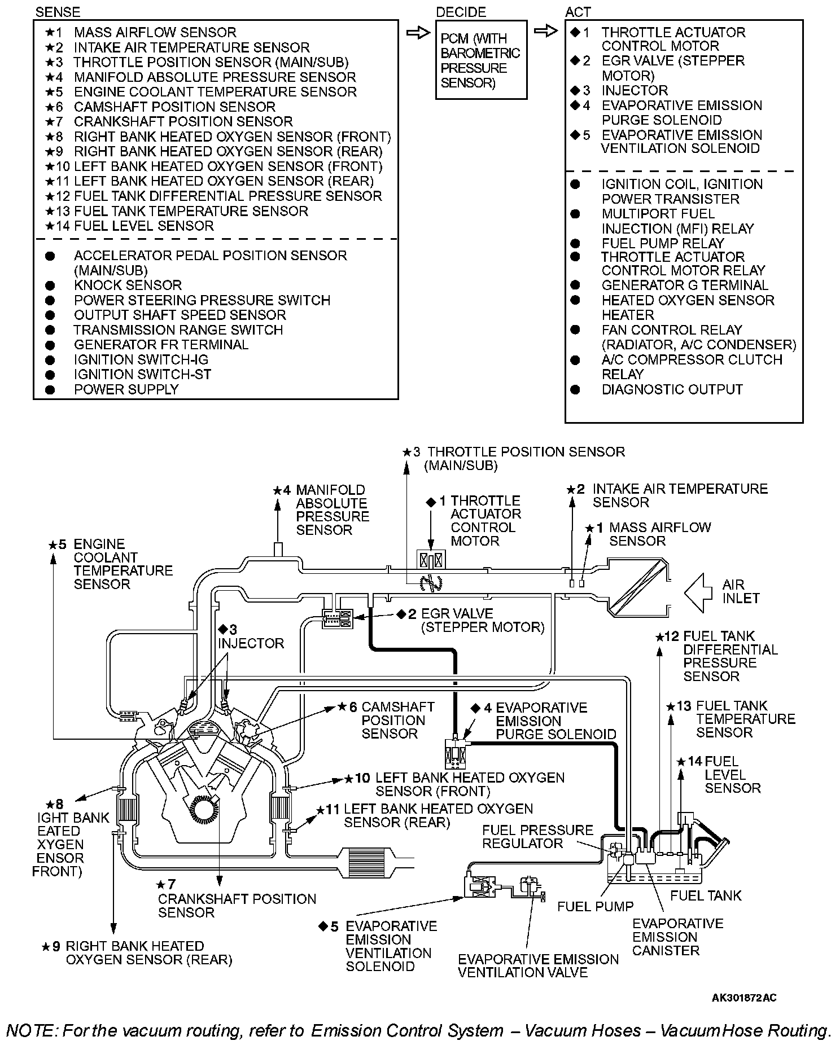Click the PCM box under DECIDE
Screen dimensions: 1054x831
tap(480, 60)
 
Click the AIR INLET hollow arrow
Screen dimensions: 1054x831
tap(698, 592)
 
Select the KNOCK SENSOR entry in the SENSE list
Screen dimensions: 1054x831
tap(128, 286)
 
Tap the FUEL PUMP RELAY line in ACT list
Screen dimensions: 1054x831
tap(662, 243)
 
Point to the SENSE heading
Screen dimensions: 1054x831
tap(57, 11)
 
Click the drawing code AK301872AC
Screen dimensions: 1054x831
tap(743, 998)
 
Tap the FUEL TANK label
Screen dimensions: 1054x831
tap(706, 895)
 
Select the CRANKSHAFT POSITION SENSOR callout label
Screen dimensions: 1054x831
tap(237, 906)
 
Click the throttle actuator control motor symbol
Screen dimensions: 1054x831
tap(431, 560)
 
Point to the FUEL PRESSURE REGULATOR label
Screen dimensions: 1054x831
tap(537, 837)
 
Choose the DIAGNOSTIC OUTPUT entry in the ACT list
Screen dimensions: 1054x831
tap(672, 389)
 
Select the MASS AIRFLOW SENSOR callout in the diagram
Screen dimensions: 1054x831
tap(659, 534)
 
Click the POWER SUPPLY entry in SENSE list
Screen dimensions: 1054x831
tap(126, 389)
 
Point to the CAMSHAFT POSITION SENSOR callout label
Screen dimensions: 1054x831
tap(397, 720)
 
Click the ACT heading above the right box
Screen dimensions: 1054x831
tap(578, 11)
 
